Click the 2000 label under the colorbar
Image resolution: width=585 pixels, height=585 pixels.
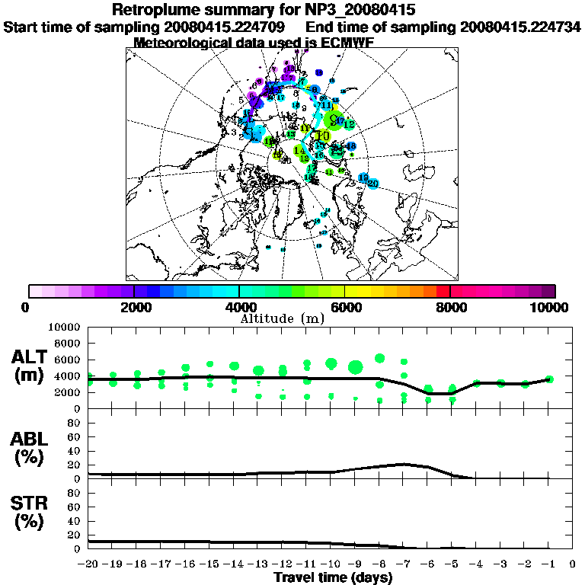pos(134,307)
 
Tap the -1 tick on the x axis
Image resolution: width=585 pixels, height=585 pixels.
pos(548,564)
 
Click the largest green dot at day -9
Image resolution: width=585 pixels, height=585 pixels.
pos(355,368)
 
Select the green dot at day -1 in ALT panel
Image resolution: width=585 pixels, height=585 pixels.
pos(549,379)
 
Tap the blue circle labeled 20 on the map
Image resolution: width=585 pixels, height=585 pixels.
pos(374,184)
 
